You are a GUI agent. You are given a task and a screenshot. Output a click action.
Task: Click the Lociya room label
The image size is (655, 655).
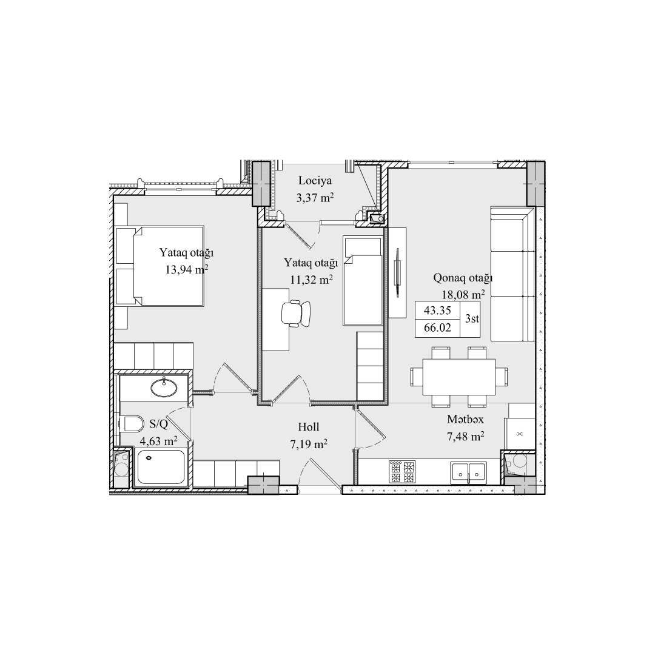[x=315, y=181]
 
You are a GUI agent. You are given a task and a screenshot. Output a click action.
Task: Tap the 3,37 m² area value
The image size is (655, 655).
[x=315, y=198]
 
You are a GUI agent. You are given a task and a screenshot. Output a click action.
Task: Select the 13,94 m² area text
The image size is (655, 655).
[x=186, y=269]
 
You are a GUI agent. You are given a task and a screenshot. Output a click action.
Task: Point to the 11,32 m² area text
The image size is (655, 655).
[x=311, y=280]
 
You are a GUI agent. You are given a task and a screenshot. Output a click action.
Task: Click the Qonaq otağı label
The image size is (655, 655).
[x=463, y=278]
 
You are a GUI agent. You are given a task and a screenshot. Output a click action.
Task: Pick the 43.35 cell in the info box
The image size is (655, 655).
[x=437, y=311]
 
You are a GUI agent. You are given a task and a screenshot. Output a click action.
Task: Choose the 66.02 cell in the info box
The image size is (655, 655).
[x=437, y=328]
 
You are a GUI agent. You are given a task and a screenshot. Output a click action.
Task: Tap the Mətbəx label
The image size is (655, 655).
[x=465, y=420]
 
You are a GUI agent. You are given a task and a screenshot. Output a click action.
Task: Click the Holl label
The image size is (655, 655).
[x=309, y=427]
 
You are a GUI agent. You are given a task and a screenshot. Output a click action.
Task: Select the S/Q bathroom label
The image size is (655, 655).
[x=158, y=425]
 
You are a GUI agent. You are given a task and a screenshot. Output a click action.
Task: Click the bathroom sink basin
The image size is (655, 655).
[x=164, y=388]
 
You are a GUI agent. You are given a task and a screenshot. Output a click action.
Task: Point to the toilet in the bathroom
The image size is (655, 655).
[x=131, y=423]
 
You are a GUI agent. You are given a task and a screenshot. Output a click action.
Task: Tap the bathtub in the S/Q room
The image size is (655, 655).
[x=161, y=467]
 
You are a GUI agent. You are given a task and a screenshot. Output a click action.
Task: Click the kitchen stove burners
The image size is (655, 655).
[x=402, y=472]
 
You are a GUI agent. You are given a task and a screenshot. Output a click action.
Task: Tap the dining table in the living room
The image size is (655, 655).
[x=459, y=377]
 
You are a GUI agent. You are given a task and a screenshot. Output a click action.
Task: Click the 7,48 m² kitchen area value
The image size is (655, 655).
[x=465, y=437]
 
